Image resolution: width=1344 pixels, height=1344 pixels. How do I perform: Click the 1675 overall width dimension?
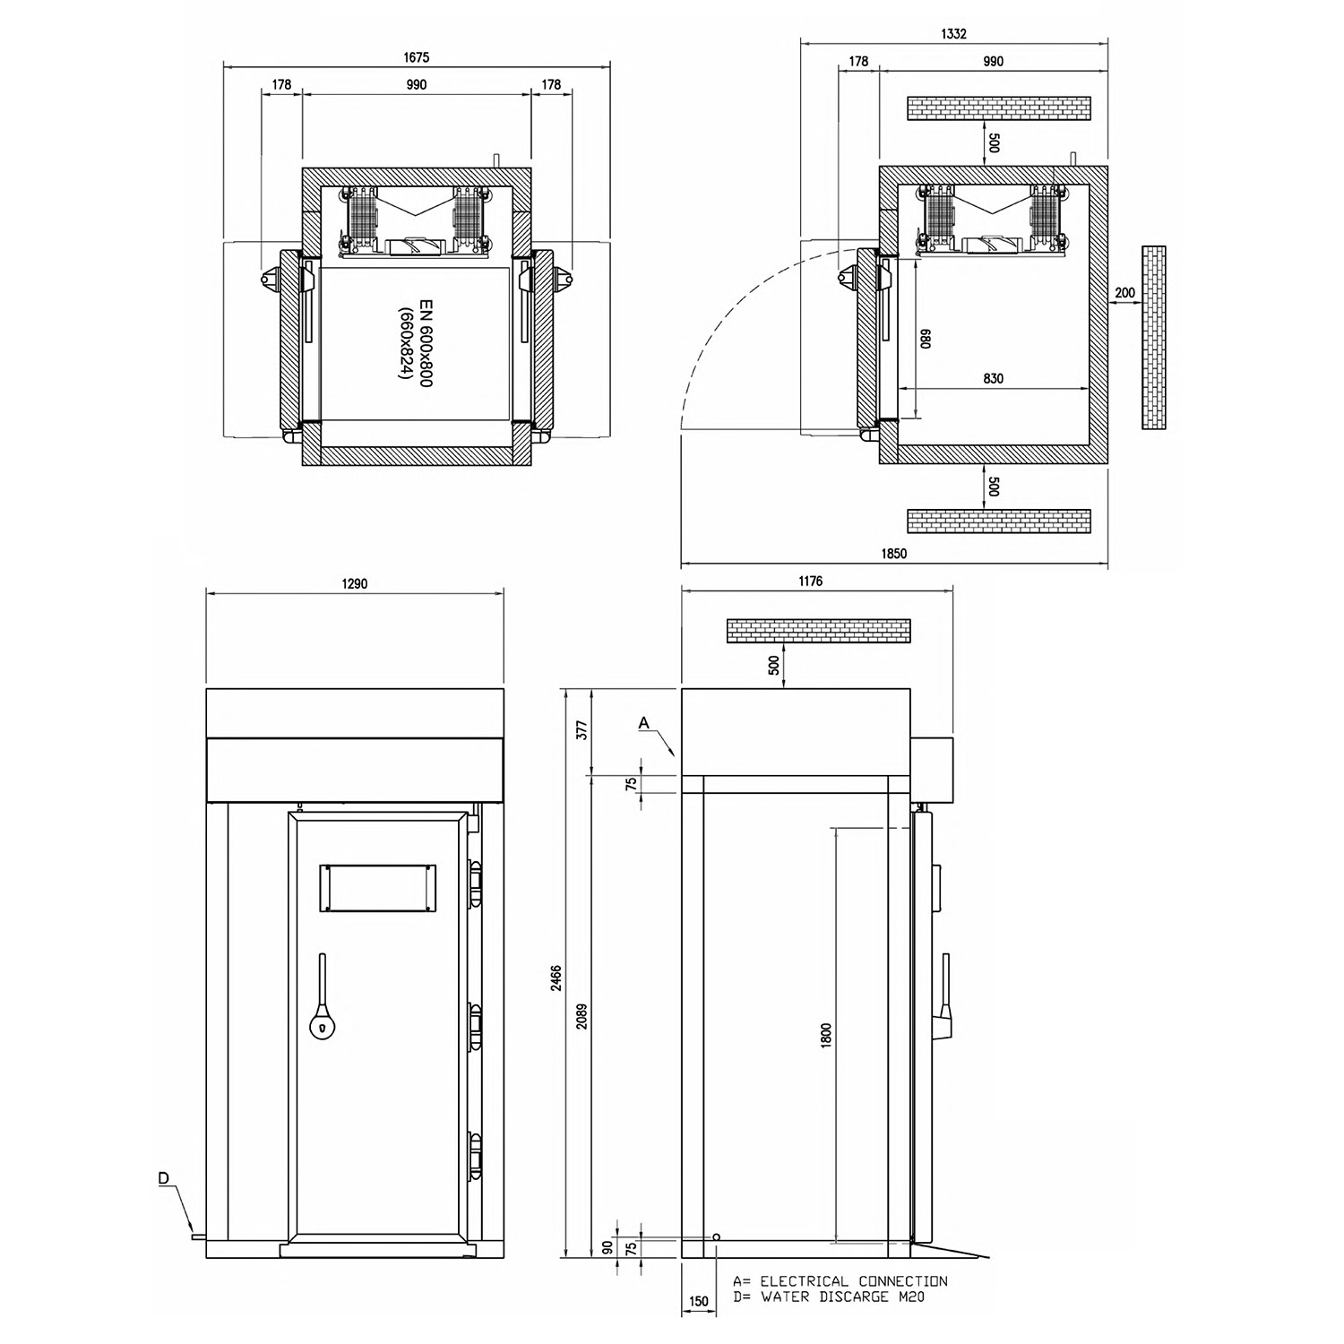(417, 57)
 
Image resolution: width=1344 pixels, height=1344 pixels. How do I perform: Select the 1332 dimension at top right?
(954, 34)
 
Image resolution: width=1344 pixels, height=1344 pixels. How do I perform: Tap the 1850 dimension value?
(894, 554)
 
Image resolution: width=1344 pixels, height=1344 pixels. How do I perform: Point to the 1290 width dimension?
(355, 583)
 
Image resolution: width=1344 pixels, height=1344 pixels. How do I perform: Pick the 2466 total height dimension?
(556, 977)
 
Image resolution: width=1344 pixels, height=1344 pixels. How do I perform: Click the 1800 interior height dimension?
(826, 1035)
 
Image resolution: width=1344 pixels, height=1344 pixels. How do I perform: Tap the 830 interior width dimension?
(993, 378)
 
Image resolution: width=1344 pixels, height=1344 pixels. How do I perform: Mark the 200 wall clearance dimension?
(1125, 293)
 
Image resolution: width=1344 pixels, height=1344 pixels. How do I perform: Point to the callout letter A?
(644, 721)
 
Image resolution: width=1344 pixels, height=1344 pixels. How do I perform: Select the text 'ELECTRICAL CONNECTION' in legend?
(853, 1282)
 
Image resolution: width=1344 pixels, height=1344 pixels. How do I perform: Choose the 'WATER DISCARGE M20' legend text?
(842, 1297)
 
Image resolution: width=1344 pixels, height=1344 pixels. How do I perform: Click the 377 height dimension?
(582, 730)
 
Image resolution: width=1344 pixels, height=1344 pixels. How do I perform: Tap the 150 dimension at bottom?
(699, 1302)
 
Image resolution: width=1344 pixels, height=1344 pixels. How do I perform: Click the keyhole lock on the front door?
(320, 1027)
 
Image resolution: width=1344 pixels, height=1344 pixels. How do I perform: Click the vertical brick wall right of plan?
(1154, 338)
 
